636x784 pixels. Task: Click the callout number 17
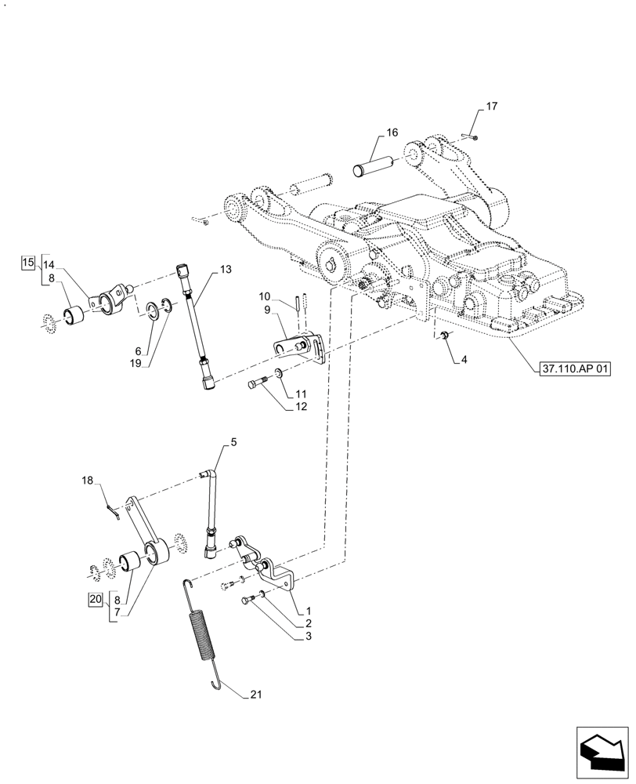pos(491,106)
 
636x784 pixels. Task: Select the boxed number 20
pos(95,598)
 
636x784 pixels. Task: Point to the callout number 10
pos(265,296)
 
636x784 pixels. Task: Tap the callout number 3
pos(310,637)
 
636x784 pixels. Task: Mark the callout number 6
pos(137,350)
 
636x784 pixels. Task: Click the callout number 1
pos(309,610)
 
